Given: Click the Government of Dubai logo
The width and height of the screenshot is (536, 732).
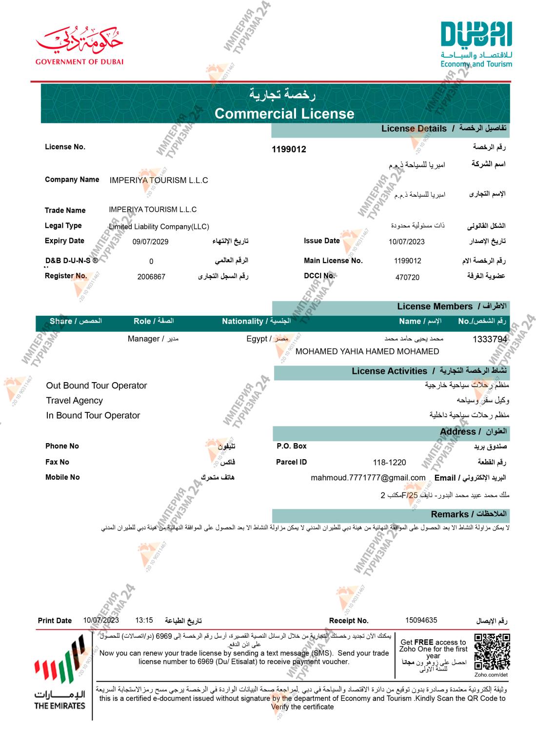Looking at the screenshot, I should coord(79,46).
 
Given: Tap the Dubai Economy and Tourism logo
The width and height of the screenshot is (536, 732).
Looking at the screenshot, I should coord(476,44).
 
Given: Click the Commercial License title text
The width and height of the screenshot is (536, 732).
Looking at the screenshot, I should coord(284,114).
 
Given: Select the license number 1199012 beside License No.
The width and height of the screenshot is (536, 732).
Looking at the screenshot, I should coord(289,149).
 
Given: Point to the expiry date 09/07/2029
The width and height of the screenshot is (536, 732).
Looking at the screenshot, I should coord(150,242).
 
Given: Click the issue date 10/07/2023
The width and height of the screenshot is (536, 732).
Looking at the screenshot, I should coord(406,242).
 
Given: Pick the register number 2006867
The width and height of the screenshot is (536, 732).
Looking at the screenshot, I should coord(151,277).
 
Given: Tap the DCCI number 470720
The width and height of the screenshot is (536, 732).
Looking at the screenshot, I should coord(407,277).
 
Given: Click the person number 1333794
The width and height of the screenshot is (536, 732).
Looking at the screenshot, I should coord(490,339).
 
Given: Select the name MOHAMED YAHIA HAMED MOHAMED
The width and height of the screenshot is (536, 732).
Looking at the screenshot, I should coord(367,351).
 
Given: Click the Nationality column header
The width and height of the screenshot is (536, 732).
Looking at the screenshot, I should coord(256,321).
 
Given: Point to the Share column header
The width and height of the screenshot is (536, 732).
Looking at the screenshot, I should coord(76,321).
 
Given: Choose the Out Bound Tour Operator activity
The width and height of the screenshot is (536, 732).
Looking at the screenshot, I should coord(97,386).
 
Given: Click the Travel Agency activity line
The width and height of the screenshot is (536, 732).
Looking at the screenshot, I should coord(75,401).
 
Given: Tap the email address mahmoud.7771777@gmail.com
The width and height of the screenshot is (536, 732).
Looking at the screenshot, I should coord(368,478).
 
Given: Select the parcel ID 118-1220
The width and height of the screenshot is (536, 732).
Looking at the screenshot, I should coord(389,462).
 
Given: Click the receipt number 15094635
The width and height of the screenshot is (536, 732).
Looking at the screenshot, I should coord(421,620).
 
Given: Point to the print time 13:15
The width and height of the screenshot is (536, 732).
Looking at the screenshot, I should coord(144,620).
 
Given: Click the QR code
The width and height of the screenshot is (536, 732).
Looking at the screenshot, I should coord(492,651).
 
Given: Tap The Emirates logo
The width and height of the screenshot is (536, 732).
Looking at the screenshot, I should coord(60,676).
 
